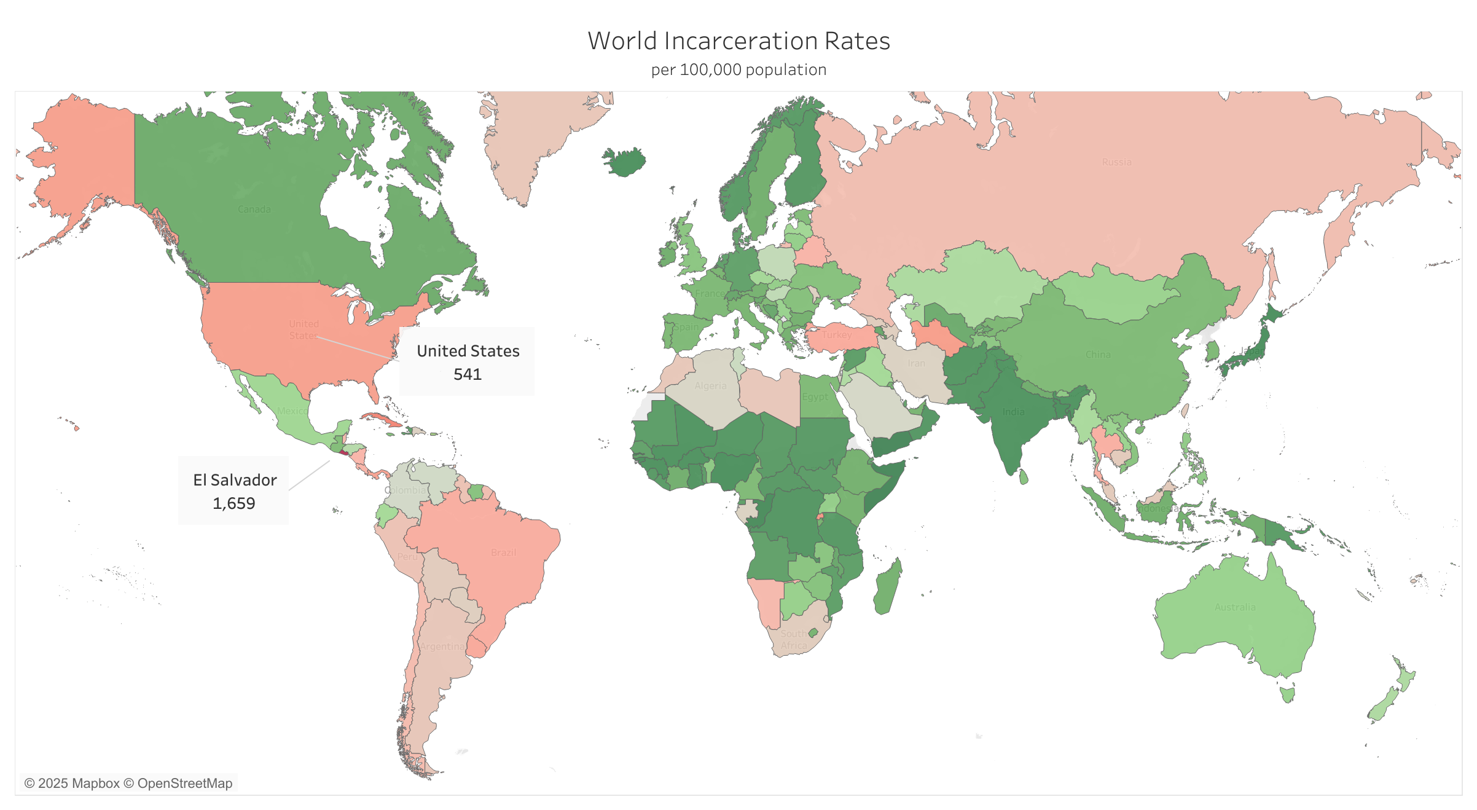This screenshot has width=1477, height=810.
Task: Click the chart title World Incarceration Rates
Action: click(738, 41)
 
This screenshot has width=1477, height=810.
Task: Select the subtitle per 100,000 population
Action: click(738, 70)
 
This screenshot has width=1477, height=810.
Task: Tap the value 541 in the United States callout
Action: click(467, 374)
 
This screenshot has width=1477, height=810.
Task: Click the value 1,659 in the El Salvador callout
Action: click(233, 503)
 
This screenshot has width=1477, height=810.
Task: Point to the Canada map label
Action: click(254, 210)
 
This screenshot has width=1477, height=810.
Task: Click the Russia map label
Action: click(1116, 162)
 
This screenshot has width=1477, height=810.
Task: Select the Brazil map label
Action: click(503, 552)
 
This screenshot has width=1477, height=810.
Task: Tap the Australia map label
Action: click(1235, 607)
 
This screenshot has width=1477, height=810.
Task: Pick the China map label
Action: click(1098, 355)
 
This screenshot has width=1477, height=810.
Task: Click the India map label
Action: click(1014, 412)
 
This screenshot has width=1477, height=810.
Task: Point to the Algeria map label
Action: click(710, 386)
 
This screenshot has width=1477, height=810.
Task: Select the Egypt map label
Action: click(815, 397)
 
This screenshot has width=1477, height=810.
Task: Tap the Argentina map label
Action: click(442, 647)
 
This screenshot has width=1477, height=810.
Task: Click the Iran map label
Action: click(916, 363)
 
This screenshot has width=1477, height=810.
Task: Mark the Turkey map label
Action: click(837, 335)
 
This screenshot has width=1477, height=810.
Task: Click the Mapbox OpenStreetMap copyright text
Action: click(128, 784)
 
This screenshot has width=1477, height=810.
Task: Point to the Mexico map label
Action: click(291, 411)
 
